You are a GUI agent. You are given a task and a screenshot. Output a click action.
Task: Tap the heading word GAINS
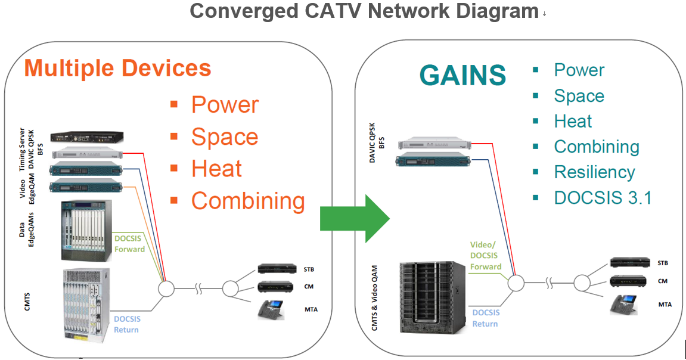coord(462,76)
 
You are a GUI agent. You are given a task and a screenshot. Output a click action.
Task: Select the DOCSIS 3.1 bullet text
coord(603,197)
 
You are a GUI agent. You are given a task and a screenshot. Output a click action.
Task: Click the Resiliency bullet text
coord(594,172)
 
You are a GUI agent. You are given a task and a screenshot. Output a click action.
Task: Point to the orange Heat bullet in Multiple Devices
coord(216,169)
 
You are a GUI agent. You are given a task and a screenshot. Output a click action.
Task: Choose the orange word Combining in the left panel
coord(248,201)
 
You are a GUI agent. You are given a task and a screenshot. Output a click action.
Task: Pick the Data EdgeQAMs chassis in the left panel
coord(86,231)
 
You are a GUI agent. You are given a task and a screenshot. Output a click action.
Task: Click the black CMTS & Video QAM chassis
coord(432,296)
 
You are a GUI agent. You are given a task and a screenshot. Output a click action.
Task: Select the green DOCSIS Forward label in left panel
coord(129,243)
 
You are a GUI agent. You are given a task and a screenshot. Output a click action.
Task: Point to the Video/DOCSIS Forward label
coord(485,256)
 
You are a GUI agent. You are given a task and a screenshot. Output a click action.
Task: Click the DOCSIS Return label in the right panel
coord(485,318)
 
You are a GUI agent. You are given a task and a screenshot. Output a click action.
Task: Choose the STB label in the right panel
coord(662,263)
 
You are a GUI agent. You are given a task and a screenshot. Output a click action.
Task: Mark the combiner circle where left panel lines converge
coord(166,289)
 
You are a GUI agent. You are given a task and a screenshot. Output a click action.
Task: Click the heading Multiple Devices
coord(117,68)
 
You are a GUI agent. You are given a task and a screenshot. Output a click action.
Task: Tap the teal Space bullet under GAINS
coord(579,96)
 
